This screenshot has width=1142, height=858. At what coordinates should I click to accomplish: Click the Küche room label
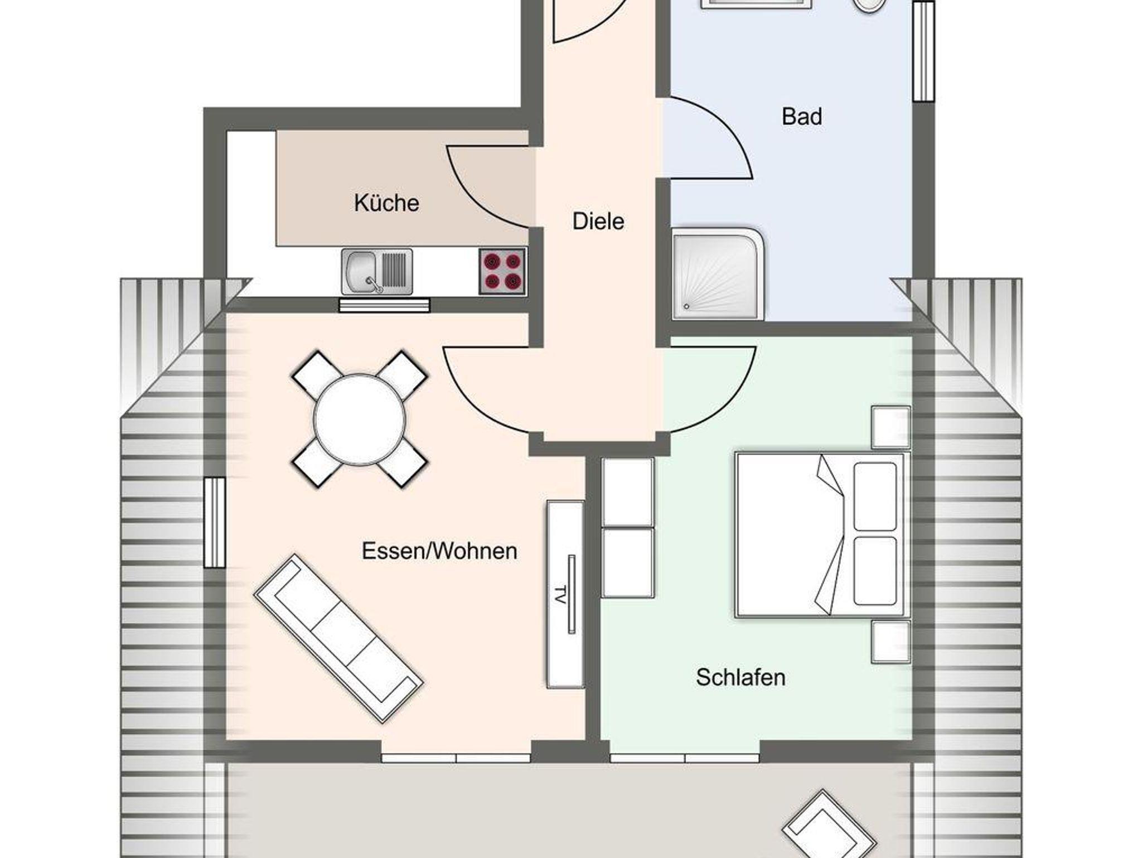point(386,203)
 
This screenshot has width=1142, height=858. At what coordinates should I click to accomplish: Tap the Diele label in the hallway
point(598,221)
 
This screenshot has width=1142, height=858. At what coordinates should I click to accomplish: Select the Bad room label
point(802,117)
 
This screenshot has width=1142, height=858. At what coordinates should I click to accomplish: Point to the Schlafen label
point(741,677)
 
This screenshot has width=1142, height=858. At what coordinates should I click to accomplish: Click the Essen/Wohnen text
point(439,551)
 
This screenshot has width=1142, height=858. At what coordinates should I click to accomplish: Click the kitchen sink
point(377,272)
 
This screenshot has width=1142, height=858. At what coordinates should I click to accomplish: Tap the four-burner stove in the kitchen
point(502,271)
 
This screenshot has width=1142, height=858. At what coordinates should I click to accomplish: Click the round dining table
point(360,420)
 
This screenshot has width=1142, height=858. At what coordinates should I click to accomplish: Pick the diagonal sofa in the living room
point(338,638)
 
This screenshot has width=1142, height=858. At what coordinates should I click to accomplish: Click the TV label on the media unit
point(560,595)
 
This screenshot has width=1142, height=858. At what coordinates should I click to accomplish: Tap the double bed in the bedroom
point(820,535)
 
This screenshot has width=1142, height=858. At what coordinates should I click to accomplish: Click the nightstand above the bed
point(891,427)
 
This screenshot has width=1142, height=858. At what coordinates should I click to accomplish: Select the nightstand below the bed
point(891,642)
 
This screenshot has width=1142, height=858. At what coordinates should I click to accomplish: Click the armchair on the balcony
point(829,825)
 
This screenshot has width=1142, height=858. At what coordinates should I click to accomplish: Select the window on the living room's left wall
point(215,522)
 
